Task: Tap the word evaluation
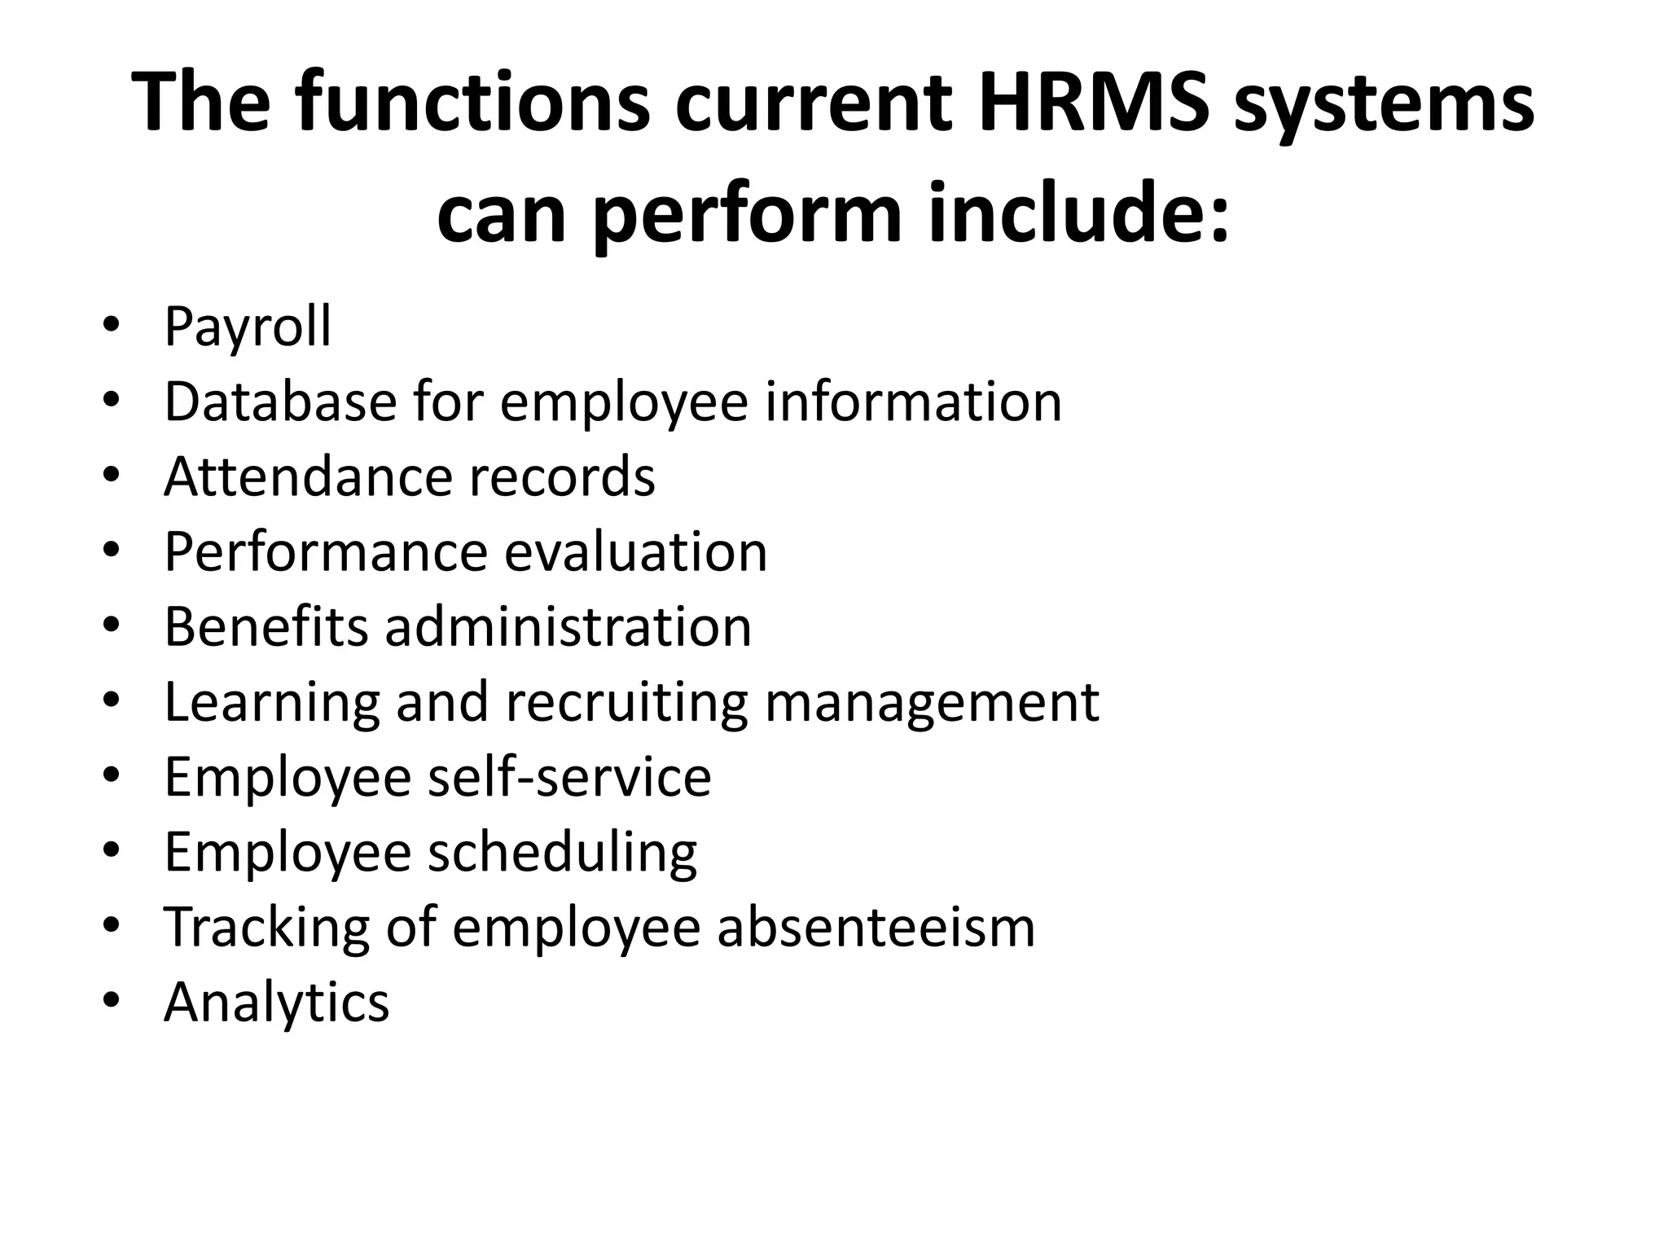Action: click(x=635, y=552)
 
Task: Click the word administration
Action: click(x=568, y=627)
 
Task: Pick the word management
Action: click(x=932, y=703)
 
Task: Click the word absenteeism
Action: click(x=876, y=928)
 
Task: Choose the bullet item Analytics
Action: click(x=277, y=1002)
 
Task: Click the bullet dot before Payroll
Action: click(x=112, y=327)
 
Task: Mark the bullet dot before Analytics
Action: click(x=112, y=1001)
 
